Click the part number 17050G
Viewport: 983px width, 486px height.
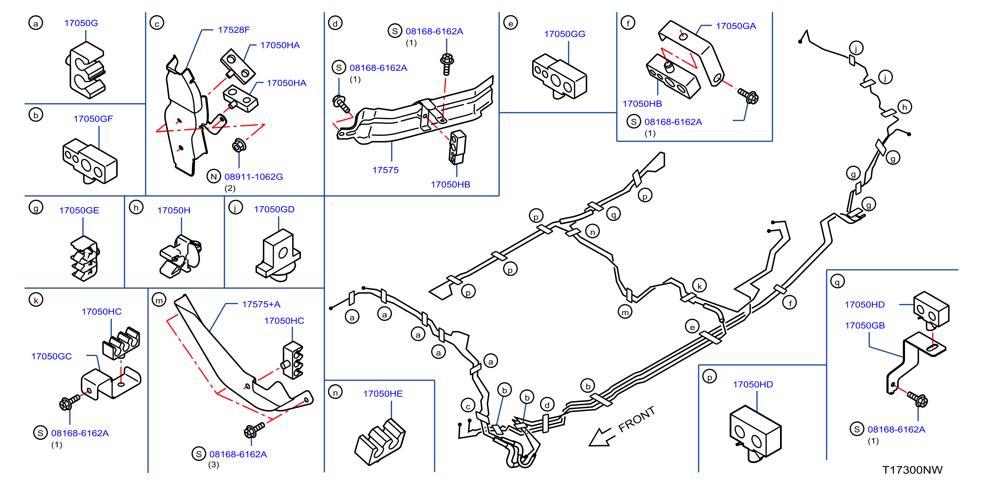point(81,23)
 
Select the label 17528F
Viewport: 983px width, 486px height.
point(233,30)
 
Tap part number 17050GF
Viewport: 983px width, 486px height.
point(93,119)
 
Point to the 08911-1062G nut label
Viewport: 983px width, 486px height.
point(253,177)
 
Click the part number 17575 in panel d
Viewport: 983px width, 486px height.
point(385,170)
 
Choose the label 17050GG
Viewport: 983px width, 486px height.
point(564,34)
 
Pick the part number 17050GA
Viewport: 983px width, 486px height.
point(736,26)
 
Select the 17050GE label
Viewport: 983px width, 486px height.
point(79,210)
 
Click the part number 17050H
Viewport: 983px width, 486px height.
point(174,210)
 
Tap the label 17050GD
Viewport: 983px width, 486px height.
point(274,209)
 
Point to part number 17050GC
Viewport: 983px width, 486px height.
point(51,356)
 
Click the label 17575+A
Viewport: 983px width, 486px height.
point(261,304)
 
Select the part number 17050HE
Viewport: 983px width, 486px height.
point(383,393)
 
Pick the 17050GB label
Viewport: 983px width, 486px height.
point(865,325)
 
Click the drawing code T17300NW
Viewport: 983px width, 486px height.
point(912,470)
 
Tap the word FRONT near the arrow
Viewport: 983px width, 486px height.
point(636,419)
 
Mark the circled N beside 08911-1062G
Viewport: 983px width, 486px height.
point(214,177)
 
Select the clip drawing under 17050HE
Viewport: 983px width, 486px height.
point(380,442)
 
